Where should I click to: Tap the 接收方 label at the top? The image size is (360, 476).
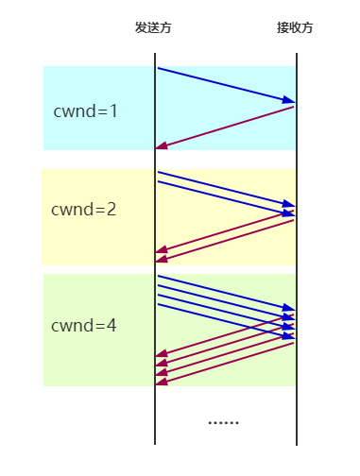coord(295,28)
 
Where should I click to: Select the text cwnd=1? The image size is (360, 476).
coord(85,110)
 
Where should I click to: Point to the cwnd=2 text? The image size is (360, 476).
coord(83,210)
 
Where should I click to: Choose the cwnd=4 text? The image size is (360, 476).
coord(83,326)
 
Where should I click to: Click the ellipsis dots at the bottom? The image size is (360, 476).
coord(223,422)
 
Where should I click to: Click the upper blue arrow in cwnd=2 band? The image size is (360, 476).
coord(227,189)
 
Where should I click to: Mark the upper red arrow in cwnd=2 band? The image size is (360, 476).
coord(227,230)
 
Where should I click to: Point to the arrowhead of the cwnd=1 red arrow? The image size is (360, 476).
coord(162,146)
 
